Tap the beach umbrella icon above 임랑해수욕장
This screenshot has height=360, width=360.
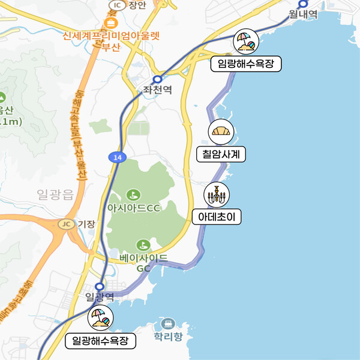click(247, 42)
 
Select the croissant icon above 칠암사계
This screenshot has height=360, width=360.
click(220, 132)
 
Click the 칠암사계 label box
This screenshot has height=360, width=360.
click(221, 154)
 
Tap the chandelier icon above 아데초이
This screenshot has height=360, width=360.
click(216, 194)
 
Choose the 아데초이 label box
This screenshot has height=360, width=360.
click(216, 217)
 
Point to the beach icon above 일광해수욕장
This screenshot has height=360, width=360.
click(100, 319)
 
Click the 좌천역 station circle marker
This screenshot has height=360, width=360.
click(157, 79)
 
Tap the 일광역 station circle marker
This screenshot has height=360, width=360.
click(100, 287)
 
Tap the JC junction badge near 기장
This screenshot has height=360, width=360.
click(67, 224)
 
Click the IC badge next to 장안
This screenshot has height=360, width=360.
click(116, 5)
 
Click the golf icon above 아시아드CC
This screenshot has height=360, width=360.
click(133, 195)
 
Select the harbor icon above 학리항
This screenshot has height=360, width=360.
click(168, 324)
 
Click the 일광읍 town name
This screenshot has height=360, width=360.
click(55, 194)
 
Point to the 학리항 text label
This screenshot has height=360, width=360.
click(168, 337)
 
